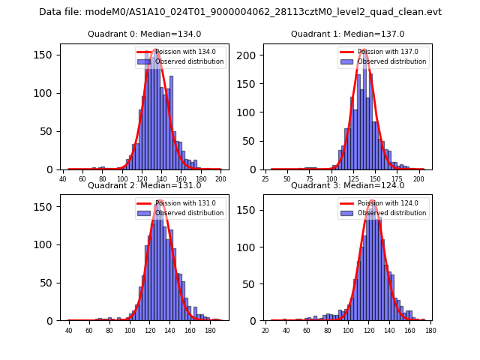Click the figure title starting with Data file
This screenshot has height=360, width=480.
click(x=240, y=12)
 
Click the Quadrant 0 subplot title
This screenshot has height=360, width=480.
click(x=144, y=34)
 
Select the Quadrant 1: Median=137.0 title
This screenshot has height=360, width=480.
click(x=347, y=34)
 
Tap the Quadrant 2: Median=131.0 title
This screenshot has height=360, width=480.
click(x=144, y=185)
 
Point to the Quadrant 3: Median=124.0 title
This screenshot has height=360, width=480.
click(x=347, y=185)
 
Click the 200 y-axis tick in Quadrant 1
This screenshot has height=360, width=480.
click(x=251, y=55)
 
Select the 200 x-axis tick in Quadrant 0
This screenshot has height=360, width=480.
click(x=220, y=180)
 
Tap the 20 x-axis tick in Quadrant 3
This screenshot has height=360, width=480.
click(x=265, y=331)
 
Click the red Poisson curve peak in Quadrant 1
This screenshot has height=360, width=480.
click(x=363, y=49)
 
